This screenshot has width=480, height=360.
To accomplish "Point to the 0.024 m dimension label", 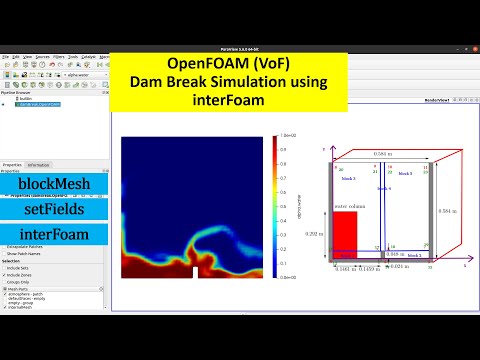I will [x=398, y=267].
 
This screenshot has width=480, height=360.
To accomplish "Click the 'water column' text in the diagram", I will [x=346, y=207].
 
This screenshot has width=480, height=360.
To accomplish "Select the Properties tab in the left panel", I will [x=12, y=164].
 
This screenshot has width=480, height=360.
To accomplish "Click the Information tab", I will [x=39, y=164].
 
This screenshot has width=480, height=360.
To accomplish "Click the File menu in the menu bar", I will [x=5, y=57].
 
